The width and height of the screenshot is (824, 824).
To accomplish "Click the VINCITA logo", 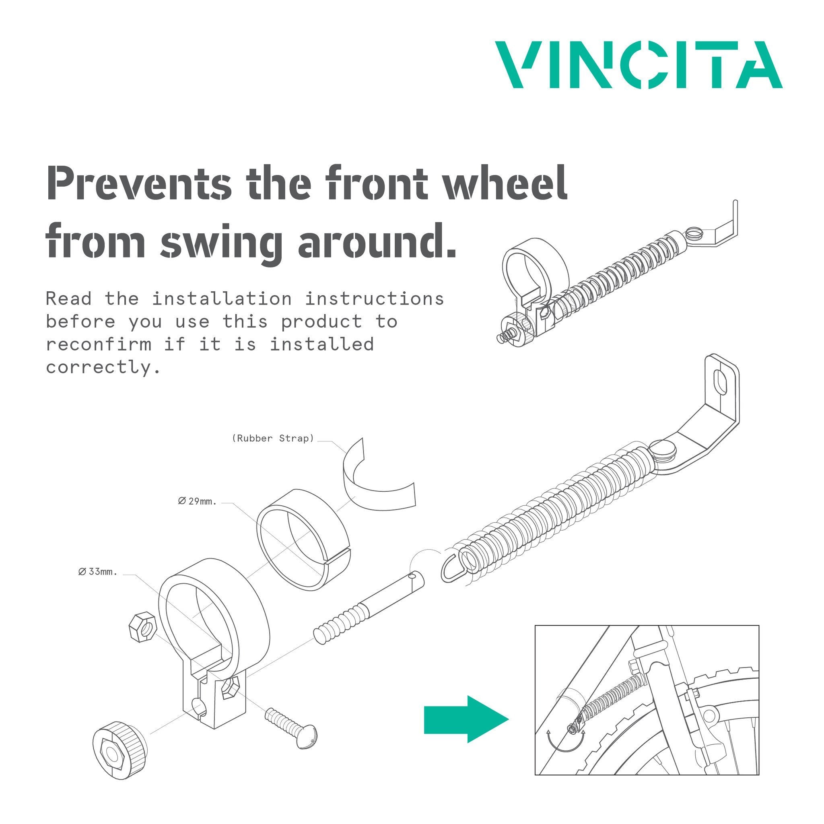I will click(639, 65).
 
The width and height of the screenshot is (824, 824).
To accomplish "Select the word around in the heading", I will click(377, 242).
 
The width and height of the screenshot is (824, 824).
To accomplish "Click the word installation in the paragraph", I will click(222, 299).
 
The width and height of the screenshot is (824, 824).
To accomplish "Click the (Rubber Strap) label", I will click(273, 439).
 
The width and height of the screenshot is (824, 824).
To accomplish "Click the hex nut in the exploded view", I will click(143, 626).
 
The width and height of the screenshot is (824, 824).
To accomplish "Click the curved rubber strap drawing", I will click(375, 482).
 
